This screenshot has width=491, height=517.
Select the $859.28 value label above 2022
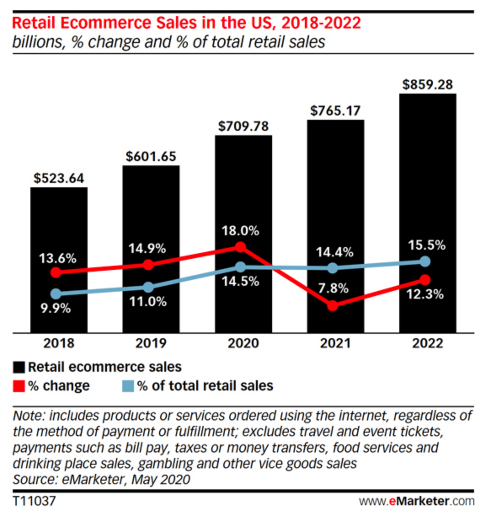[427, 84]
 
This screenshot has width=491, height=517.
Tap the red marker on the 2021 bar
[333, 305]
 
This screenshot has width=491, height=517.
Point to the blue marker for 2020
[240, 267]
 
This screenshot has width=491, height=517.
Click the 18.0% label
[240, 231]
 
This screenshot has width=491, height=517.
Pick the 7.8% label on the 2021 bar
[333, 288]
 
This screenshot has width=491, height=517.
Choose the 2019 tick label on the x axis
[151, 343]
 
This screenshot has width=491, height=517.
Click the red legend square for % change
[19, 386]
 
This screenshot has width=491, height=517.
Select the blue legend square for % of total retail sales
[128, 386]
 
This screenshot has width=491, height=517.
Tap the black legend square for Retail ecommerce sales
[19, 367]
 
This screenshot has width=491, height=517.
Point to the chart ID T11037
[34, 501]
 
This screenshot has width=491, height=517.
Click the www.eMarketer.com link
[416, 501]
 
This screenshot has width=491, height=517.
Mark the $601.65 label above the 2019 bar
[151, 156]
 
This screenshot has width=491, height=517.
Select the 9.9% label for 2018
[55, 308]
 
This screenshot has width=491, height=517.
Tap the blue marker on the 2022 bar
[425, 262]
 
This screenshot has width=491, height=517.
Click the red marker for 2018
[56, 272]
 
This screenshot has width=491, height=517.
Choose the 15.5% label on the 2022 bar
[427, 245]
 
